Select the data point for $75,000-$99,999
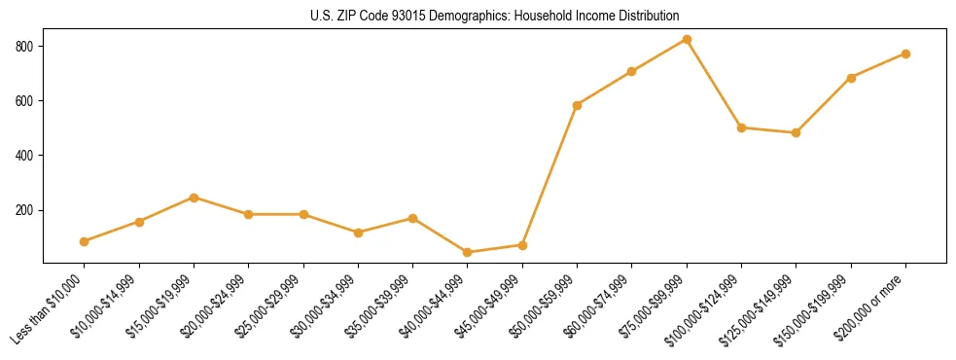[687, 40]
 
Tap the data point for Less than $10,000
[85, 241]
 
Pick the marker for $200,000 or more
[905, 54]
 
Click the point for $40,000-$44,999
[468, 252]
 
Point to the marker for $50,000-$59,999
[578, 105]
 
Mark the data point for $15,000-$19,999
[195, 198]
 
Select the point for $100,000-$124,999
[742, 127]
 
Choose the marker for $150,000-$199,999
[851, 78]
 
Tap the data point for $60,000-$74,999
[632, 71]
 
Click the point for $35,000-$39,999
[413, 218]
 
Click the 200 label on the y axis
[26, 210]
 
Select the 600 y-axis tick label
[26, 101]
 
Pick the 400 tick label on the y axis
[26, 156]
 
